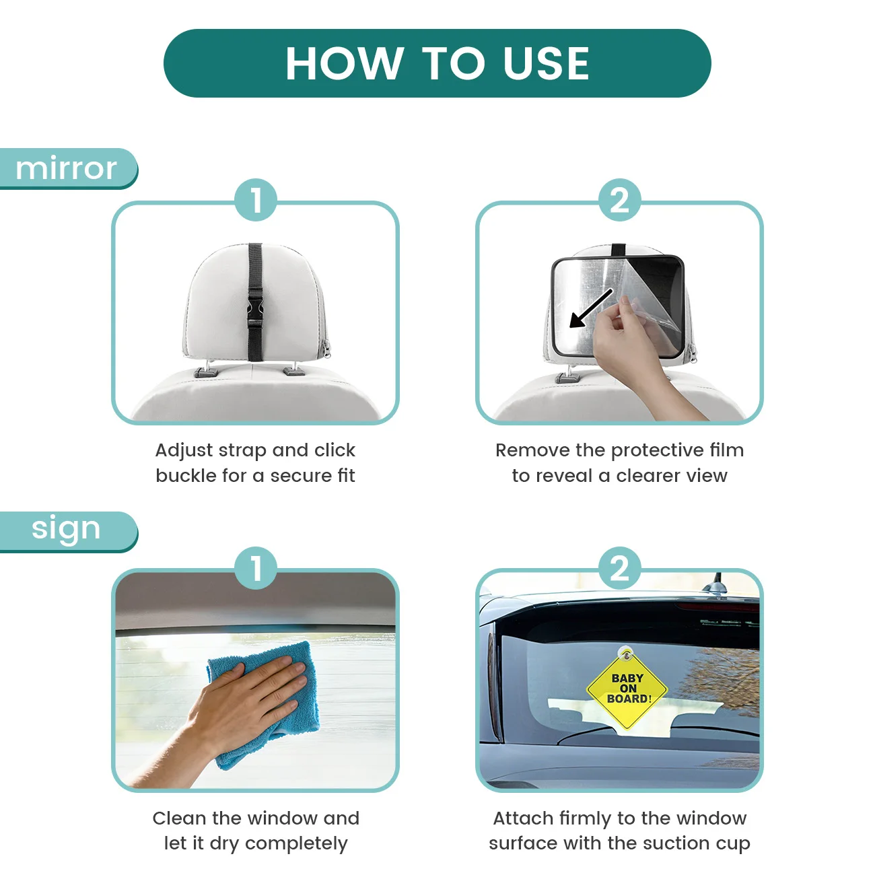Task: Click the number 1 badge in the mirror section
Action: click(256, 200)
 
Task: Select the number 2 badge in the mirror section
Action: click(619, 200)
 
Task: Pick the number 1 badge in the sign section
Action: click(256, 568)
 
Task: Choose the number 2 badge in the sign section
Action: click(619, 568)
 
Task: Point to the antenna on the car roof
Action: click(715, 584)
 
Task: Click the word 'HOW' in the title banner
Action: click(345, 63)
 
